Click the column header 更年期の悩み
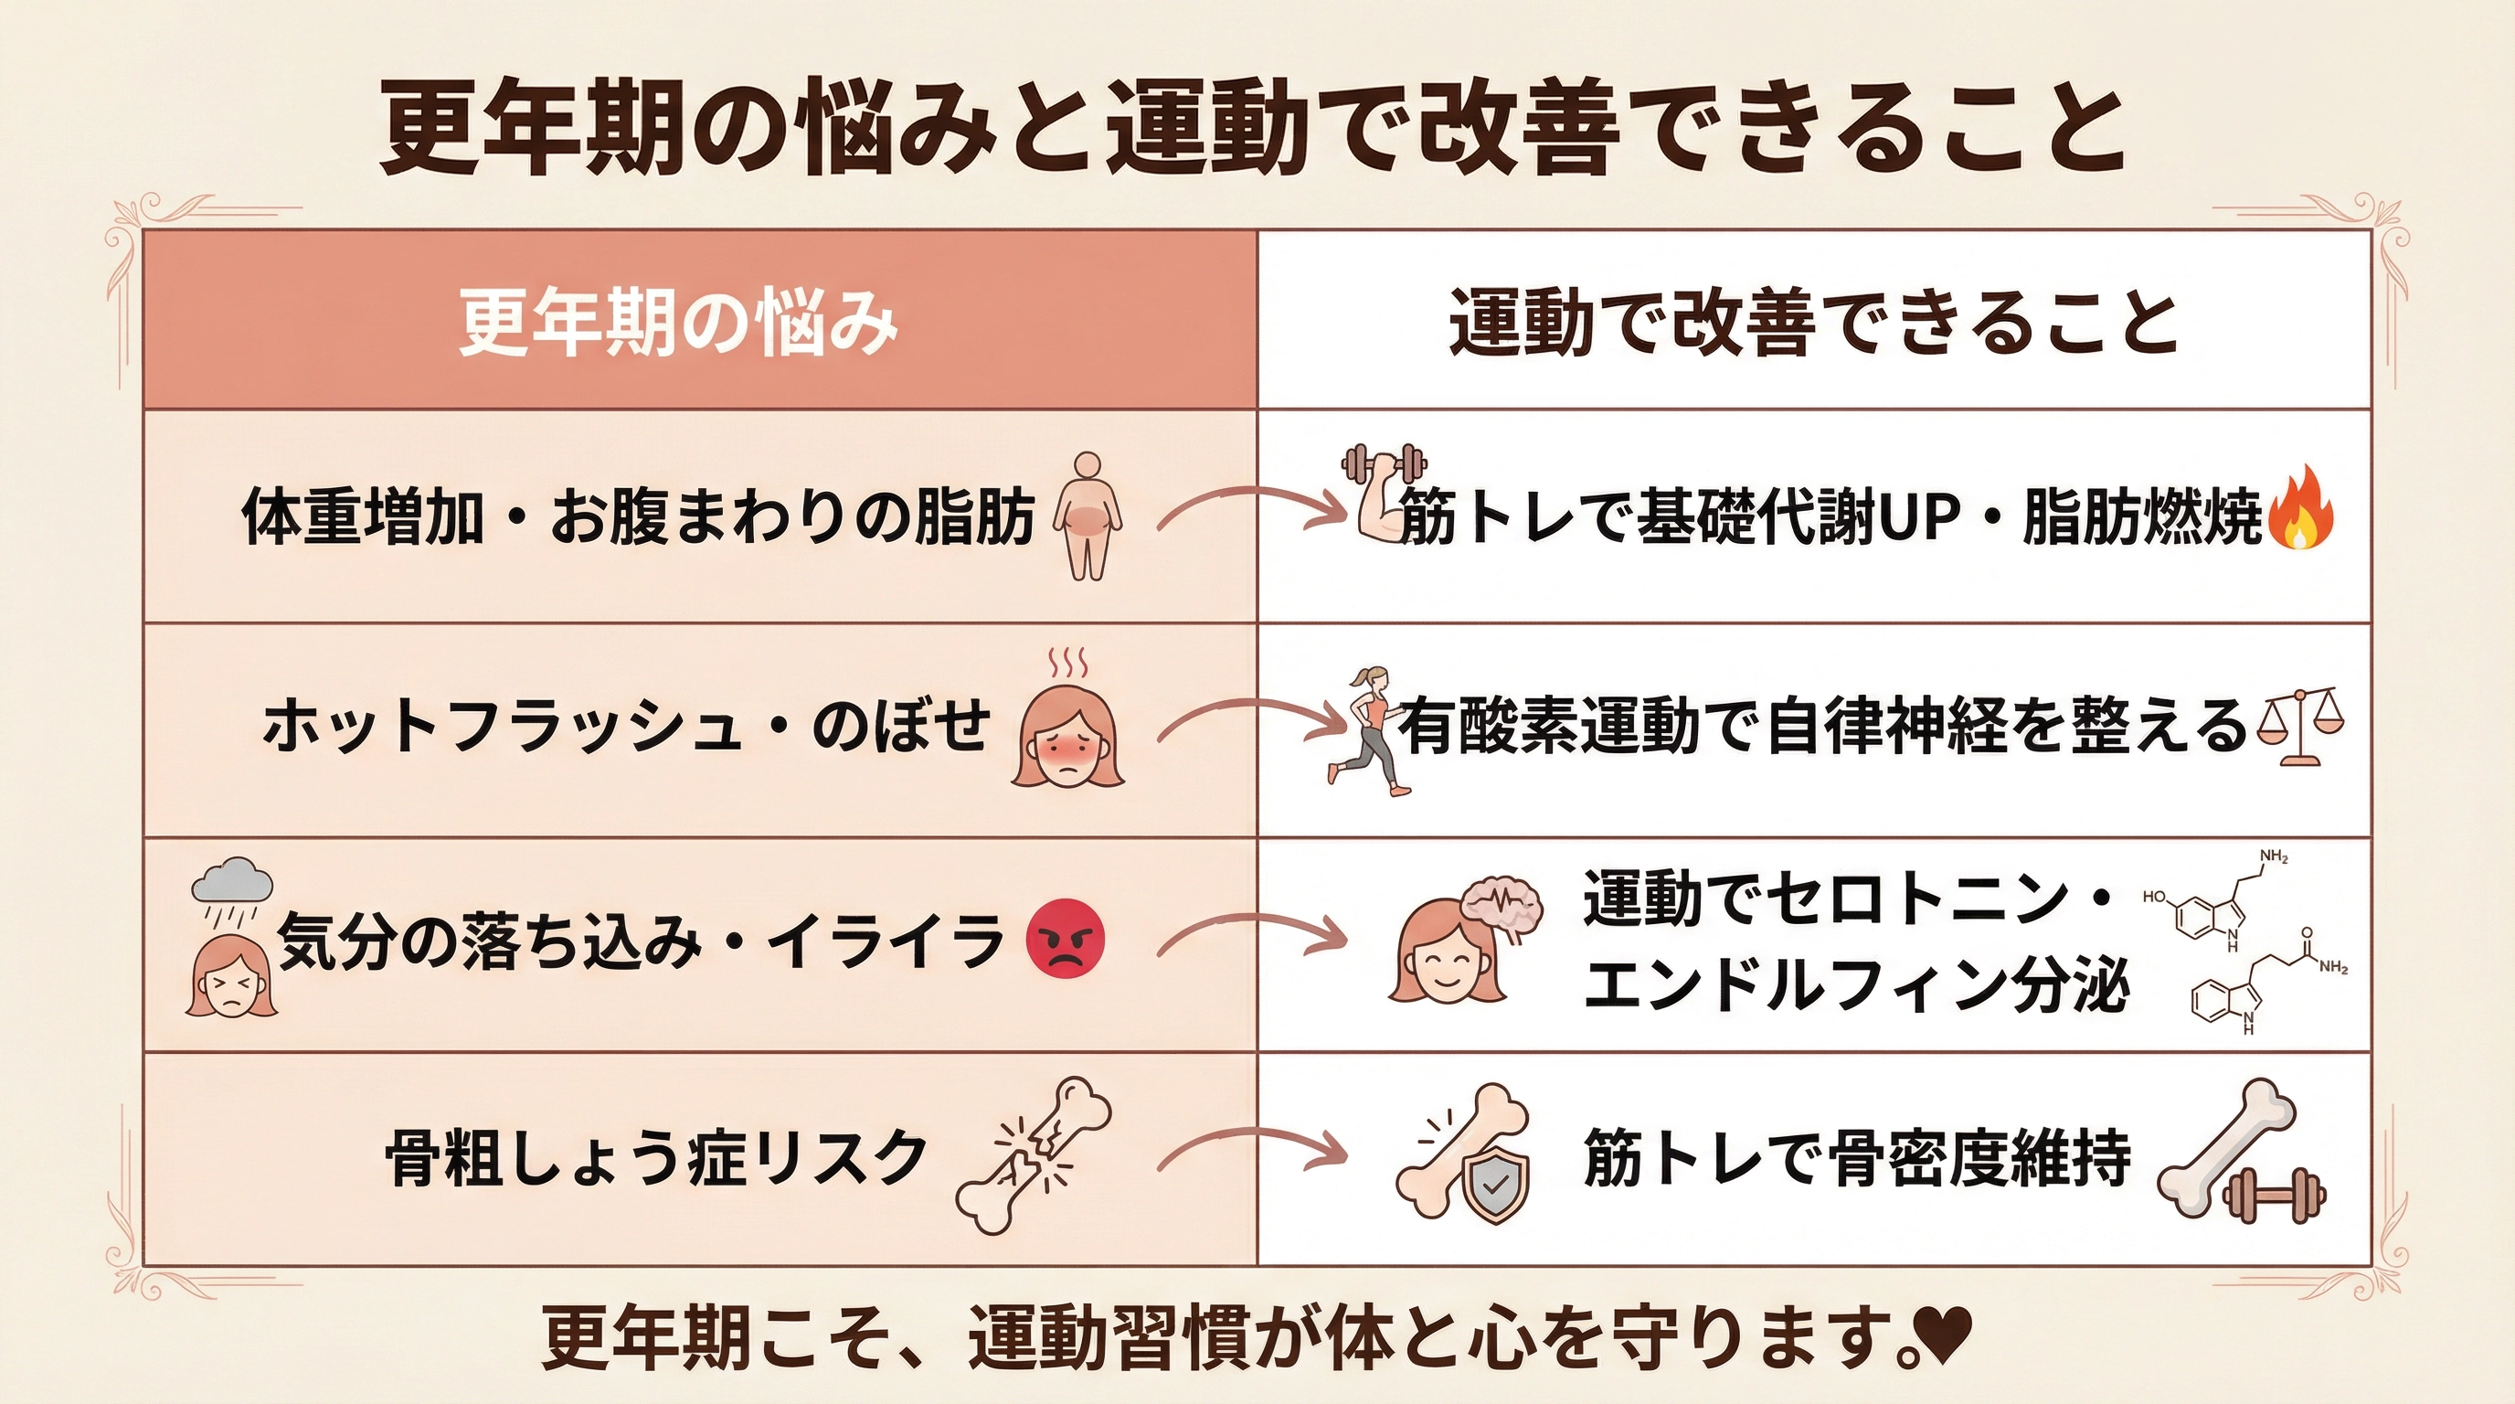click(677, 322)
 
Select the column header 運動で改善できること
click(1813, 322)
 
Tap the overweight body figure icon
click(1087, 516)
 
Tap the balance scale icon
click(2301, 728)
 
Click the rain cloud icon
click(232, 885)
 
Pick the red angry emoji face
click(1066, 938)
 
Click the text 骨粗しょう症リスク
click(657, 1158)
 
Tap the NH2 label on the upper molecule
click(2274, 857)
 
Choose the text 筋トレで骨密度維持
click(1856, 1158)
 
